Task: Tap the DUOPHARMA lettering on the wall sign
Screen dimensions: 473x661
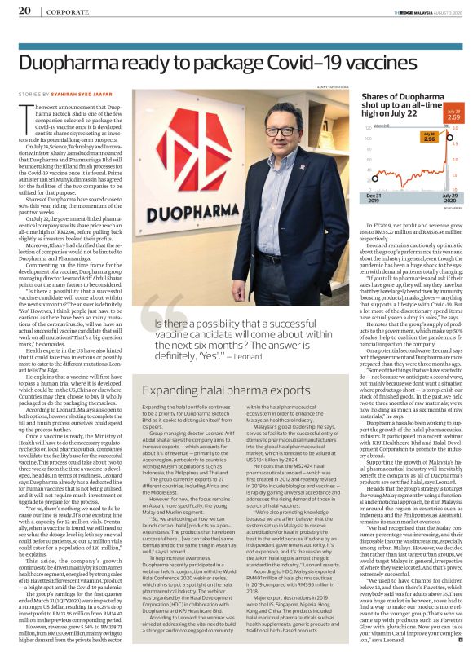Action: (188, 218)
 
